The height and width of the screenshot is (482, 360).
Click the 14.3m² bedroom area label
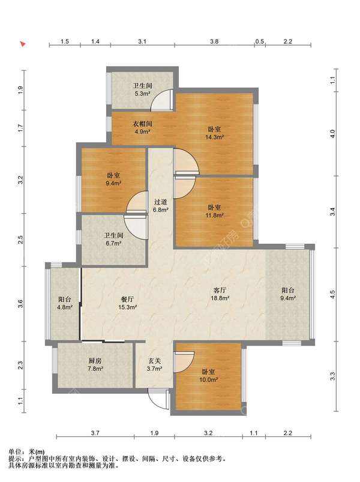[x=214, y=133]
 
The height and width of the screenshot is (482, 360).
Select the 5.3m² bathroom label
[x=142, y=89]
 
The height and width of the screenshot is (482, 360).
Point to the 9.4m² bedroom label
[x=113, y=179]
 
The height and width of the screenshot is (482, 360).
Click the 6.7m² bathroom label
[x=113, y=239]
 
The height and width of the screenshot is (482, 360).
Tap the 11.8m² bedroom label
[x=214, y=211]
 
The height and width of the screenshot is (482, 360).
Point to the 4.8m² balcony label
[x=65, y=303]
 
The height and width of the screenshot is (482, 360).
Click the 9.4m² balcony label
[x=288, y=294]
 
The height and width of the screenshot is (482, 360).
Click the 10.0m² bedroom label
[x=209, y=376]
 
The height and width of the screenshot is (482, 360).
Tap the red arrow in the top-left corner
[x=23, y=44]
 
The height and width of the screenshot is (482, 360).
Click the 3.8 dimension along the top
[x=214, y=41]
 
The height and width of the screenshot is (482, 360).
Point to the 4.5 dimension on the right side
[x=332, y=294]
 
